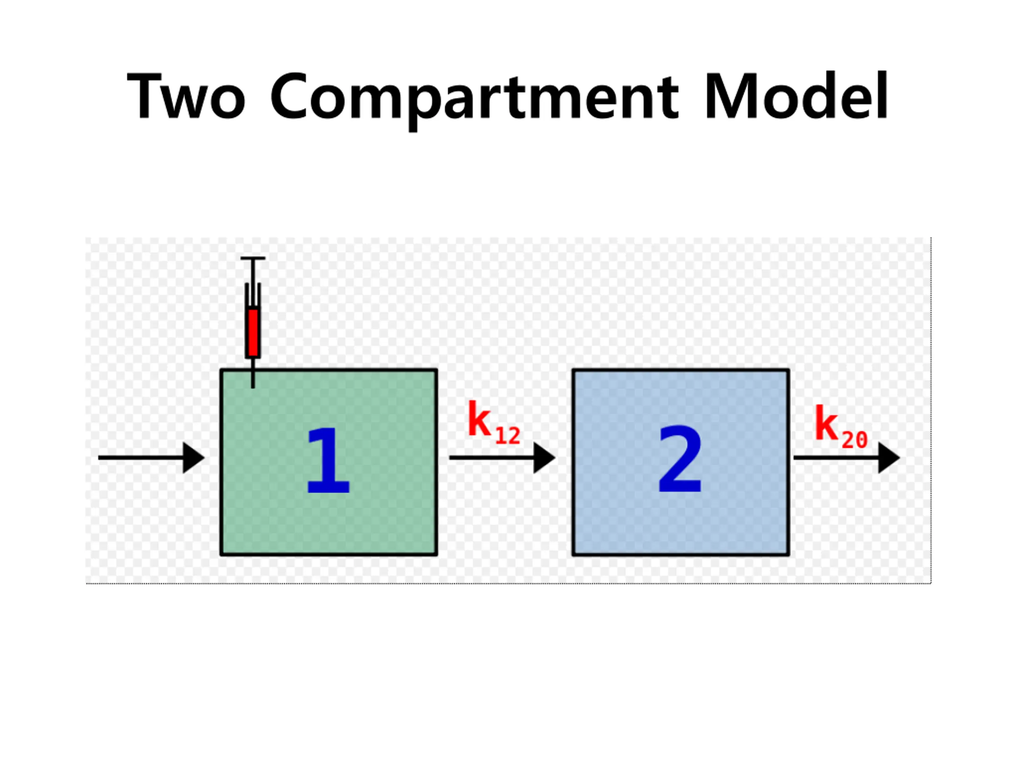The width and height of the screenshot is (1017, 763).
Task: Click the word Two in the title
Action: (x=186, y=96)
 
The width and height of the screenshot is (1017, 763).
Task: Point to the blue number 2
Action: (x=680, y=459)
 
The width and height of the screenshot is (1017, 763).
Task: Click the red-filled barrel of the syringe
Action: (x=252, y=332)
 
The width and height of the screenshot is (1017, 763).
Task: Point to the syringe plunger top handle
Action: (x=252, y=258)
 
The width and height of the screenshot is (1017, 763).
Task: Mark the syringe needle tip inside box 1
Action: (x=252, y=385)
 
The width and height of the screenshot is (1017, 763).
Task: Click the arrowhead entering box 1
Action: (x=193, y=458)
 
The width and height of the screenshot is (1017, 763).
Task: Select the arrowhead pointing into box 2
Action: (x=543, y=458)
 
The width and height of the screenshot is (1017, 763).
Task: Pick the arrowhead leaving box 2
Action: (x=888, y=458)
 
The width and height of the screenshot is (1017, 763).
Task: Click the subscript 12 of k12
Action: (x=508, y=436)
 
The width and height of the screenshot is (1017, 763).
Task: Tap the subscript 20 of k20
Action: (x=854, y=440)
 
